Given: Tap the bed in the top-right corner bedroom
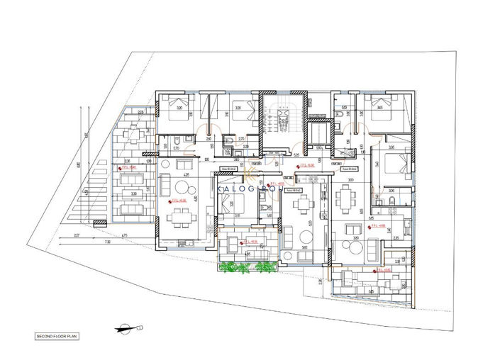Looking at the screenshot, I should tap(383, 113).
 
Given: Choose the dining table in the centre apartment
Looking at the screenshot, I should tap(305, 205).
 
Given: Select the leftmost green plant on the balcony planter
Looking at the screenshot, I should tap(230, 266).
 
